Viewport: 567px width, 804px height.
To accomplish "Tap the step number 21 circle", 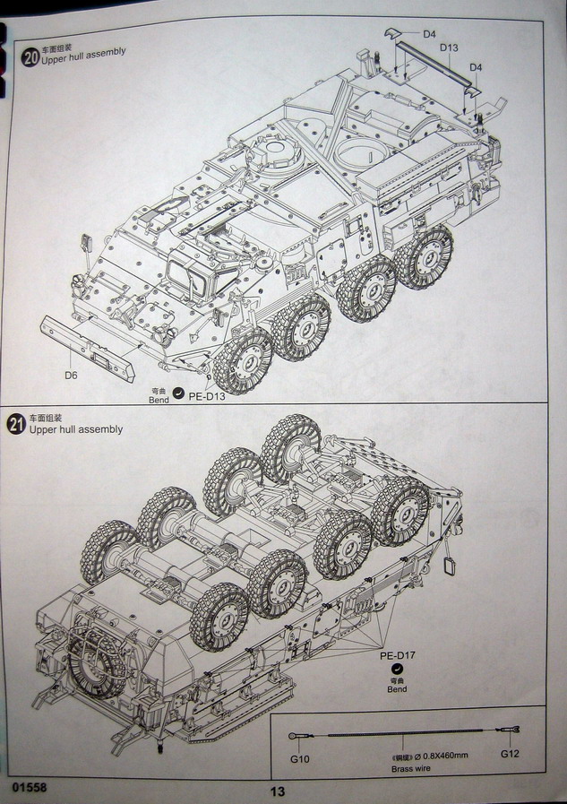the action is click(x=15, y=425).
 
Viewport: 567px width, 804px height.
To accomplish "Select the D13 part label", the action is click(x=449, y=48).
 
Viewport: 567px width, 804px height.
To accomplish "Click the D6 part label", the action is click(x=71, y=374).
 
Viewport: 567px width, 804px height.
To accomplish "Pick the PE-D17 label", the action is click(x=397, y=656).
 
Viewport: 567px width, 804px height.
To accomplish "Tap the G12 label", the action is click(x=510, y=754).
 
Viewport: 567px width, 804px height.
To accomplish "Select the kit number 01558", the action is click(x=30, y=787).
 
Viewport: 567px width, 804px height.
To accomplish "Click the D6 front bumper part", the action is click(x=90, y=339).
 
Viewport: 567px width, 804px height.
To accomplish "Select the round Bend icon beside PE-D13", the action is click(x=177, y=393).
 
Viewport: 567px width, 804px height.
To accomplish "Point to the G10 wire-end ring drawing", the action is click(x=295, y=737).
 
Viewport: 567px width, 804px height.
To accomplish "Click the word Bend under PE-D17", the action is click(x=397, y=688).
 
